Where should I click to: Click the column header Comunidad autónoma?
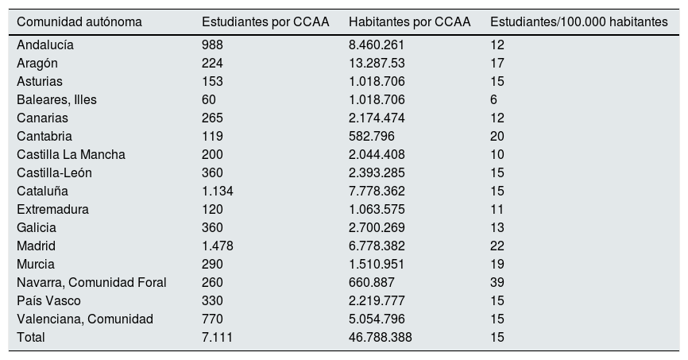coord(79,22)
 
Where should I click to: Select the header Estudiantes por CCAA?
coord(265,22)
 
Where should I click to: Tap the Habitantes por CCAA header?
coord(410,22)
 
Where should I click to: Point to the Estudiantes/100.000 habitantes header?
coord(579,22)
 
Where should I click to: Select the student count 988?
coord(213,45)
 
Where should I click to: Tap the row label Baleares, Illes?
coord(56,100)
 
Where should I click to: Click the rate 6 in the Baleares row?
coord(494,100)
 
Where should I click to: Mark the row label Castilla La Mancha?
coord(71,155)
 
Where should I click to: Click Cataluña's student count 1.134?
coord(218,192)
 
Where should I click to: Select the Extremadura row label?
coord(52,210)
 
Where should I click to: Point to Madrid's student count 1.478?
coord(218,246)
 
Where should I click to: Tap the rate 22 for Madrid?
coord(497,246)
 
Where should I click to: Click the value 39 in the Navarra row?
coord(497,283)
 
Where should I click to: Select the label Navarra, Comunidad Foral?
coord(91,283)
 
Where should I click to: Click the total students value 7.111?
coord(217,338)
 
